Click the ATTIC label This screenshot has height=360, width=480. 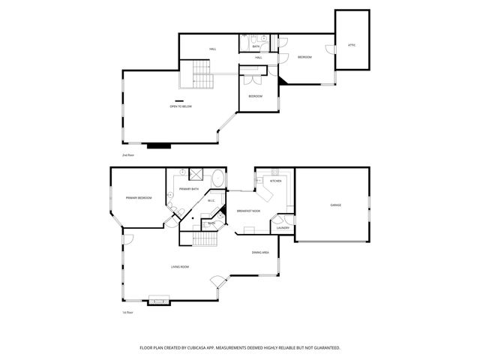click(x=352, y=45)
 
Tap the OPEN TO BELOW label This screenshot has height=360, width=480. click(x=181, y=106)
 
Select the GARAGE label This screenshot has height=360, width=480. click(x=335, y=204)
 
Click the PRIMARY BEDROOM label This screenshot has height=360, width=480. click(x=139, y=198)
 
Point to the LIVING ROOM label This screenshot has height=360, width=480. click(x=180, y=267)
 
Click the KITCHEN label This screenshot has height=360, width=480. click(x=275, y=181)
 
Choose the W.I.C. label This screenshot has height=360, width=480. click(x=211, y=200)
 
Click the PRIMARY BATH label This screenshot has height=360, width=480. click(x=190, y=189)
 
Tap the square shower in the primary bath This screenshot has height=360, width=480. click(x=196, y=174)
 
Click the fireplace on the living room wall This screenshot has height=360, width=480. click(x=159, y=301)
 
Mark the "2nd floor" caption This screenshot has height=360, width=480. click(x=127, y=154)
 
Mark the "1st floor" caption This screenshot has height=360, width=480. click(x=127, y=312)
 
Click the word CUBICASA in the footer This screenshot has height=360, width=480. click(x=213, y=348)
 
